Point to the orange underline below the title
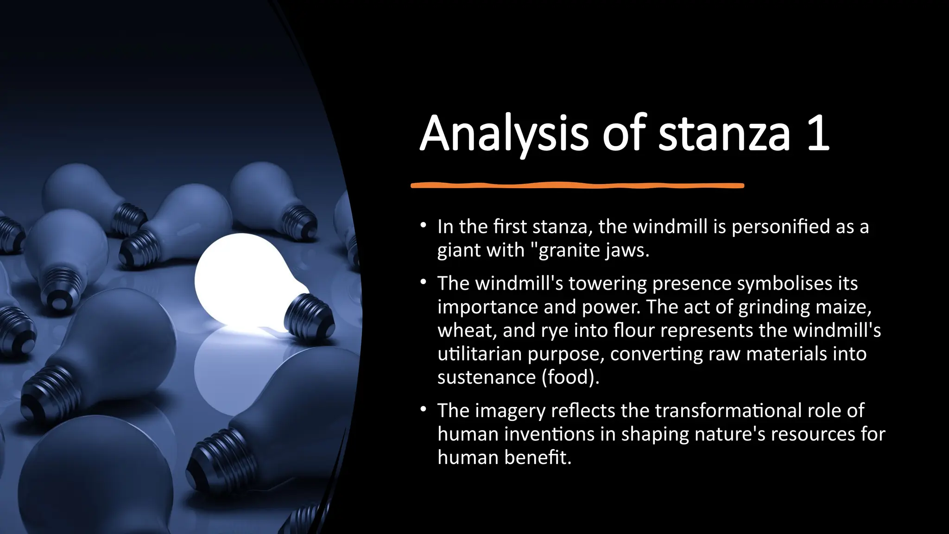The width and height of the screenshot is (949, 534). tap(577, 185)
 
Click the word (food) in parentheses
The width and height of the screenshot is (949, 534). tap(570, 377)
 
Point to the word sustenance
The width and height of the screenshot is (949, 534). tap(487, 377)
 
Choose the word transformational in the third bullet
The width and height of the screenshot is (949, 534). tap(728, 411)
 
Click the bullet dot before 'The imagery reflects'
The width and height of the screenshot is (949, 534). tap(423, 409)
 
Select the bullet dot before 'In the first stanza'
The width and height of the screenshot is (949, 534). tap(423, 226)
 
